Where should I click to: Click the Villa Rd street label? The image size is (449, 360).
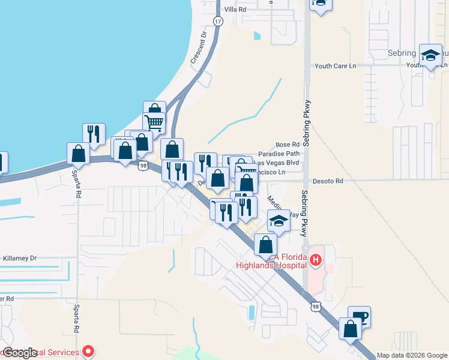[235, 10]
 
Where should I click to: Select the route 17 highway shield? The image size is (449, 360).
[217, 21]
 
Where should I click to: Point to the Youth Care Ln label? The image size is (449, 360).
[336, 65]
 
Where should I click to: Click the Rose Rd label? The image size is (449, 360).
[287, 145]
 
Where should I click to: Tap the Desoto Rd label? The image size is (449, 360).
[330, 181]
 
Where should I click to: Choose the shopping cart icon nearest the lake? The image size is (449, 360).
[154, 122]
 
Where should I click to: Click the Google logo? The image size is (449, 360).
[20, 353]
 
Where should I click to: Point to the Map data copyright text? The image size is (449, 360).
[412, 355]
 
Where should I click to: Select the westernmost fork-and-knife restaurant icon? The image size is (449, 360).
[94, 134]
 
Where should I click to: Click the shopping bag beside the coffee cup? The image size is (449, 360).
[350, 328]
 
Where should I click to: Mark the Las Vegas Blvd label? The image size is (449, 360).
[277, 163]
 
